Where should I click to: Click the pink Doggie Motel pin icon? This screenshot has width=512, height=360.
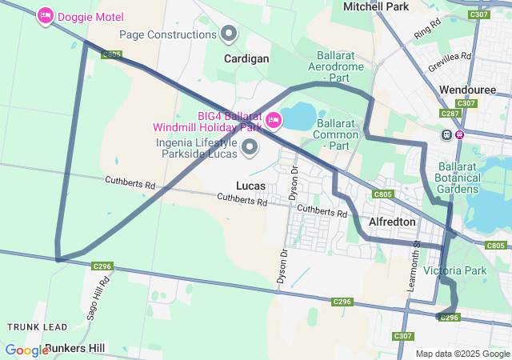[46, 15]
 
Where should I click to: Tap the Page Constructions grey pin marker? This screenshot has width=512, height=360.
[230, 34]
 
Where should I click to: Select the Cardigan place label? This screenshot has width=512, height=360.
[246, 59]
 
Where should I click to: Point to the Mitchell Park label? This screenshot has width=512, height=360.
[376, 6]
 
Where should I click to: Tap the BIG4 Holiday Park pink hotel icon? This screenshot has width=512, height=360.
[274, 121]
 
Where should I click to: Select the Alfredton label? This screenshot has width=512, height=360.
[392, 222]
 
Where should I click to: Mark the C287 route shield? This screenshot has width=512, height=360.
[450, 114]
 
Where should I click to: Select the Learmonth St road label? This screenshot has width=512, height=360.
[416, 247]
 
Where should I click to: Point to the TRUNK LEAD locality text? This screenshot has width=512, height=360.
[37, 327]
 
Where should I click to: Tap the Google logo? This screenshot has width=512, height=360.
[27, 350]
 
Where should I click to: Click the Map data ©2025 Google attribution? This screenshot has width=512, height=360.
[462, 354]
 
